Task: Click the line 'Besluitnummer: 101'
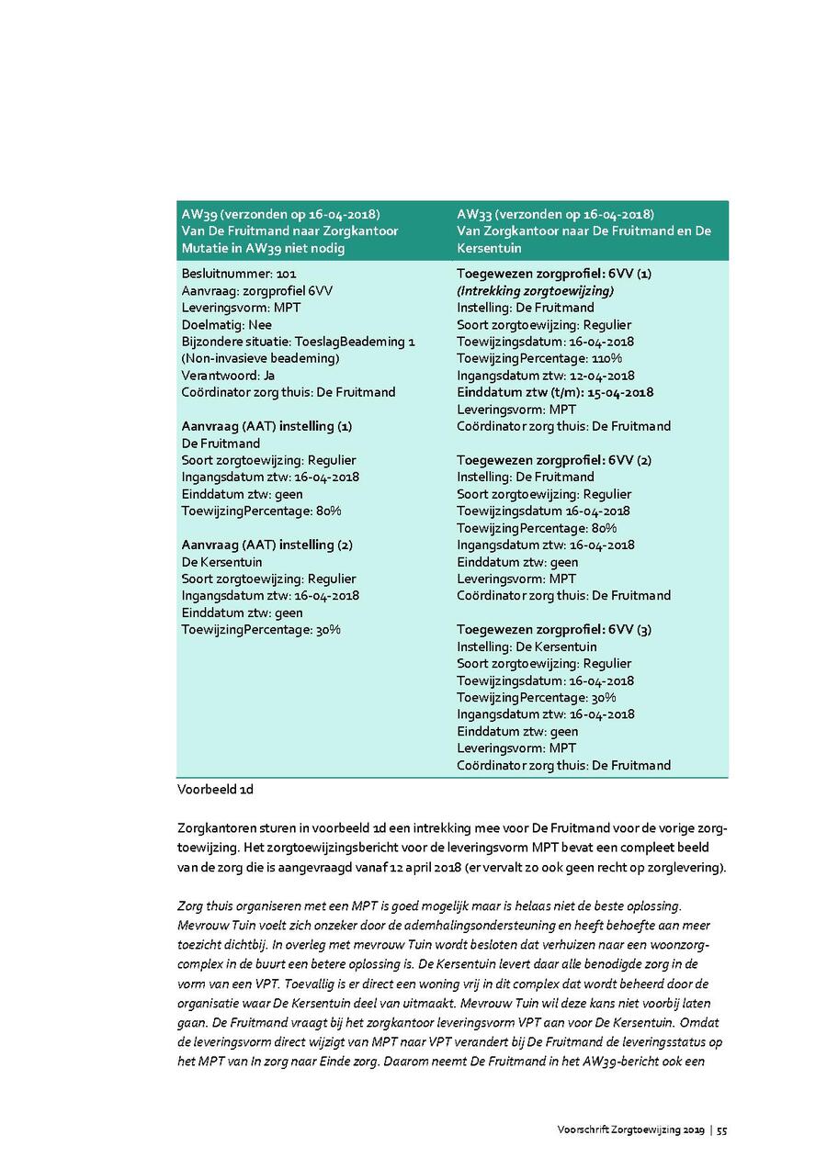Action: (239, 274)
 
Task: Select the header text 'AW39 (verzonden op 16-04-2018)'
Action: (280, 215)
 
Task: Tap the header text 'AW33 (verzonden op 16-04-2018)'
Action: (555, 215)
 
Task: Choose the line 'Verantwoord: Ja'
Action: (228, 376)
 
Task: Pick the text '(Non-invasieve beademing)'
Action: (260, 358)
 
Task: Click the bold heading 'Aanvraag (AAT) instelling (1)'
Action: (266, 426)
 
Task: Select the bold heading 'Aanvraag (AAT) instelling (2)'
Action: (266, 545)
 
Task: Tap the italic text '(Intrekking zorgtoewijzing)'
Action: (536, 290)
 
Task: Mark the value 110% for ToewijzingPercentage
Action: (604, 358)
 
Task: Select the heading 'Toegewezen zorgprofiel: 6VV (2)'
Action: (554, 460)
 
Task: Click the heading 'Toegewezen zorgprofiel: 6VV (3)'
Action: (554, 630)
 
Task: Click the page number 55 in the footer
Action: (722, 1130)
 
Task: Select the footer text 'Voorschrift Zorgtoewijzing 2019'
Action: (630, 1130)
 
